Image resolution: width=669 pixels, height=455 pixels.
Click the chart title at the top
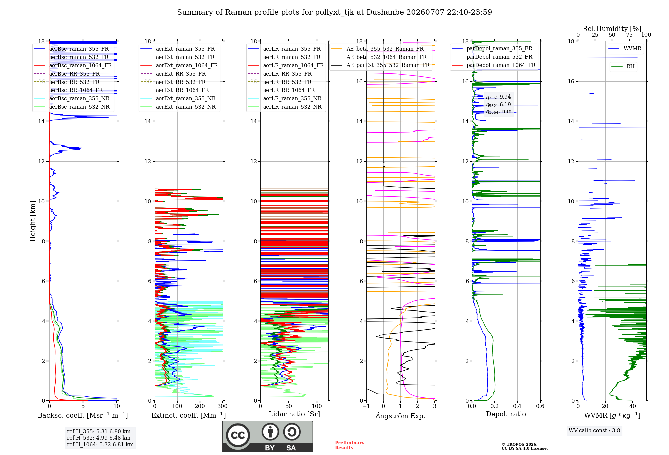tap(334, 12)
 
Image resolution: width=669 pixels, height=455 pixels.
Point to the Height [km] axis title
tap(33, 221)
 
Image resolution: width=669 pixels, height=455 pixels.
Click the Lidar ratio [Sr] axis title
tap(294, 414)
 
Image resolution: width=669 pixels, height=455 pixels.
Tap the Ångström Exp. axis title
tap(400, 416)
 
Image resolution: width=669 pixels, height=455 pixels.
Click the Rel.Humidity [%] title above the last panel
tap(612, 29)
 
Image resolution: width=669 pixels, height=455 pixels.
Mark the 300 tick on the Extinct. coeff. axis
tap(222, 406)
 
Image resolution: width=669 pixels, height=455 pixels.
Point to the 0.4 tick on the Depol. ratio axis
tap(517, 406)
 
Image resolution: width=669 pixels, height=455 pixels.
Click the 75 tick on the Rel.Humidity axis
tap(629, 35)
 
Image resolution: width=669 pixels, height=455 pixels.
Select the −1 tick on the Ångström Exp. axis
tap(366, 406)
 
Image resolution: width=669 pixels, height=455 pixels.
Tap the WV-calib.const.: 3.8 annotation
tap(594, 431)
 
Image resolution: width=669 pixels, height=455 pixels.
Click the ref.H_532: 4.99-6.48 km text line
tap(99, 438)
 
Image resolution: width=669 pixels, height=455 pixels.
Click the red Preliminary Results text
tap(350, 445)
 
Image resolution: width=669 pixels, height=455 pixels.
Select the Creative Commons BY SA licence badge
tap(268, 437)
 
